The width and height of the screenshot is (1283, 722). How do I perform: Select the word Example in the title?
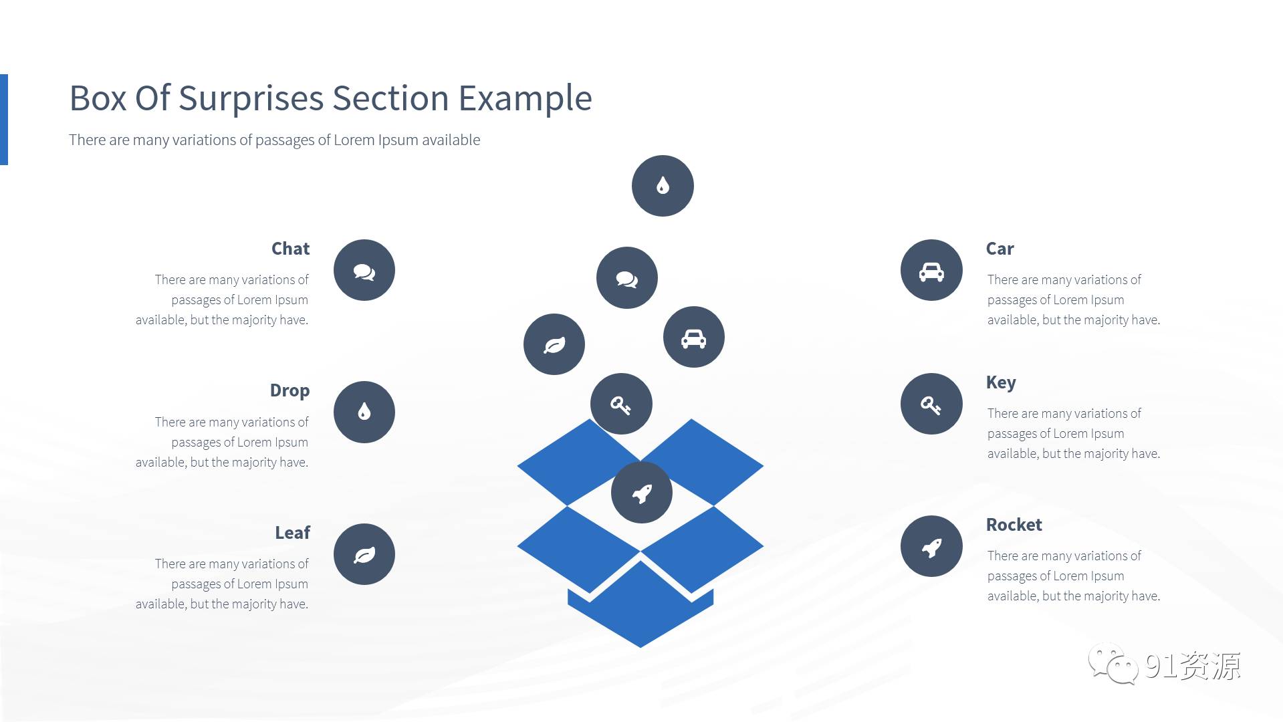click(525, 99)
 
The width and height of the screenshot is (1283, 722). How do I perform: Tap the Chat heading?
click(291, 249)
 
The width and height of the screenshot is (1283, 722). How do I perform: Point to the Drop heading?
click(289, 390)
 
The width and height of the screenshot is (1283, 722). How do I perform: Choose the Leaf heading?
click(293, 533)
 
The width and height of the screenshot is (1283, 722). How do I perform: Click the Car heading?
click(1000, 249)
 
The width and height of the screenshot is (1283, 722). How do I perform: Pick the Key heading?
click(1001, 383)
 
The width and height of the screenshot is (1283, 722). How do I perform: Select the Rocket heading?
click(1014, 525)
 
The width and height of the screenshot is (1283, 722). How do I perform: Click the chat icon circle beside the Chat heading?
click(364, 270)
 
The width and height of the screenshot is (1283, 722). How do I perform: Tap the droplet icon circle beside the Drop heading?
click(364, 412)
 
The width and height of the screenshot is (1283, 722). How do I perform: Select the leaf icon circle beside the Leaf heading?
click(364, 554)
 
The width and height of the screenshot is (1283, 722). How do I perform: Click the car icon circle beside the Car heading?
click(931, 270)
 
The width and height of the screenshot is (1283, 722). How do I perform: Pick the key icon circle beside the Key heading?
click(931, 404)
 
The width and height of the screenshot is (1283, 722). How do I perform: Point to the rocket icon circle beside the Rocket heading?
click(931, 546)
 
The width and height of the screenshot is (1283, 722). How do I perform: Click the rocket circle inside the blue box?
click(642, 493)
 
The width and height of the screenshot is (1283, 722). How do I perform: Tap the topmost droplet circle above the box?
click(663, 186)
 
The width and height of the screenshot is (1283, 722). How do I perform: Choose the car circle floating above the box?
click(694, 337)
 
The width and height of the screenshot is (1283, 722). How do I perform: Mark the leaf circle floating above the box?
click(554, 344)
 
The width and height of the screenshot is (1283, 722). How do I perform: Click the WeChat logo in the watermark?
click(1113, 664)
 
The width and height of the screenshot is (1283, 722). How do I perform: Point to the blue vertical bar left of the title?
click(4, 119)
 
